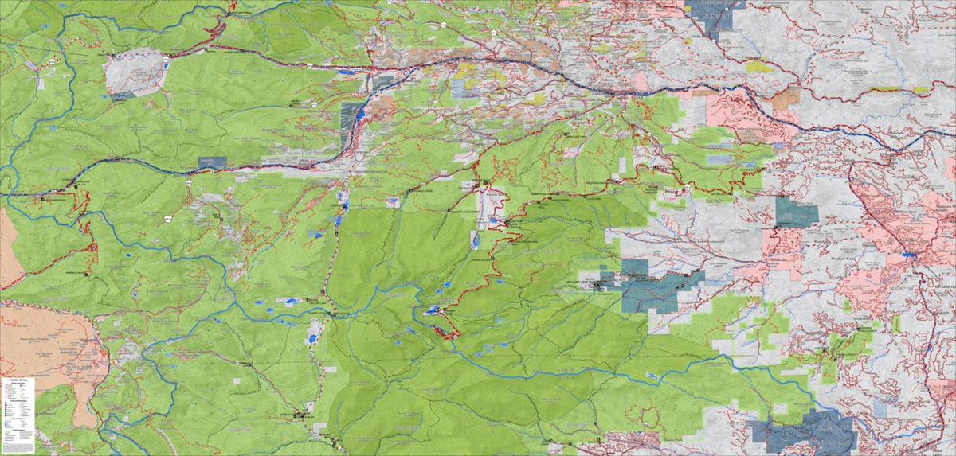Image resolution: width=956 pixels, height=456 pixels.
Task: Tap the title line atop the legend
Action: pos(18,381)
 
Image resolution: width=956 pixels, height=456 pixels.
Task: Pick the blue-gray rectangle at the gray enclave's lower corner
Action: pos(122,95)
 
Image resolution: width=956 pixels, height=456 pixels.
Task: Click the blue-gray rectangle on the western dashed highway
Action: pos(212,162)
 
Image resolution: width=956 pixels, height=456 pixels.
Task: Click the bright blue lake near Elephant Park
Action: pos(907,254)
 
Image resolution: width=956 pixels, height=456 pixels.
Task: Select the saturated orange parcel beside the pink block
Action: pos(786,99)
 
